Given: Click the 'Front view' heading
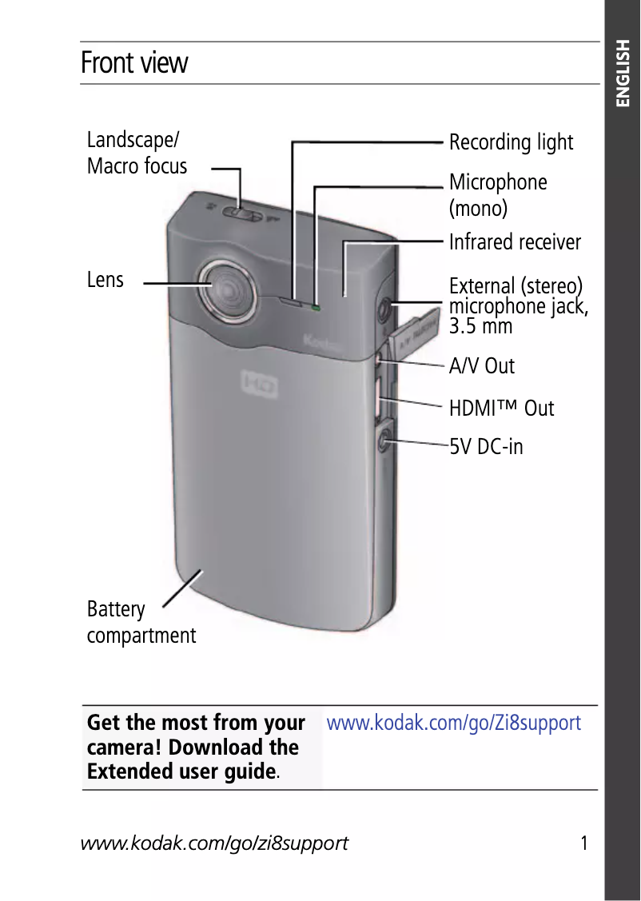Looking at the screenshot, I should pos(134,63).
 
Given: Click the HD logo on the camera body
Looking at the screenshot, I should pos(261,386).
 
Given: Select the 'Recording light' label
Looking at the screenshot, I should pos(511,142).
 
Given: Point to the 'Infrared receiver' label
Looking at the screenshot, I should pos(515,242).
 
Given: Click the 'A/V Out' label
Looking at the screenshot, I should pos(481,366).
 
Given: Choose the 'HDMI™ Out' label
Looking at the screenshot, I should pos(501,409).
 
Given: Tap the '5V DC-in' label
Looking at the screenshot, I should pos(486,446).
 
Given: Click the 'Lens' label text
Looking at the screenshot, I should pos(106,280).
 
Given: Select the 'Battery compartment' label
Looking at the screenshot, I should pos(141,623).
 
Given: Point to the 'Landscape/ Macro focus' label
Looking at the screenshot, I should pos(137,153).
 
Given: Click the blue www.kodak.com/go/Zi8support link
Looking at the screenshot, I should pos(454,724).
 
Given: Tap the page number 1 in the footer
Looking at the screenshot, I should pos(584,843).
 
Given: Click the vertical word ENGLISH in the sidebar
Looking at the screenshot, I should pos(623,74).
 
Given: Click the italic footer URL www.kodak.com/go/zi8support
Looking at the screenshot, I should pos(214,843).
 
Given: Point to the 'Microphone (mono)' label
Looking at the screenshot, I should pos(498,195).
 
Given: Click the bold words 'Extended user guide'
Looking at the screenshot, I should pos(181,772).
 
